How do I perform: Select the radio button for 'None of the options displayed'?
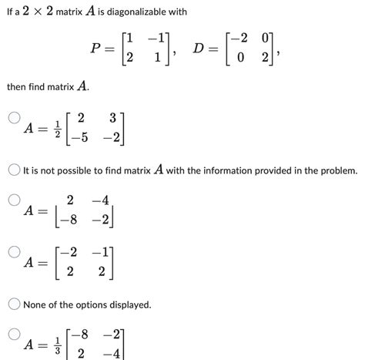click(13, 305)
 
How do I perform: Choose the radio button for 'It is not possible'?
click(13, 169)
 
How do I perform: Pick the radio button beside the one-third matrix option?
click(13, 334)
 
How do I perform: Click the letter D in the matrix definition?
click(199, 49)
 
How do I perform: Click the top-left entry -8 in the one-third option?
click(79, 334)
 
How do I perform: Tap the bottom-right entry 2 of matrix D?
click(266, 58)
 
